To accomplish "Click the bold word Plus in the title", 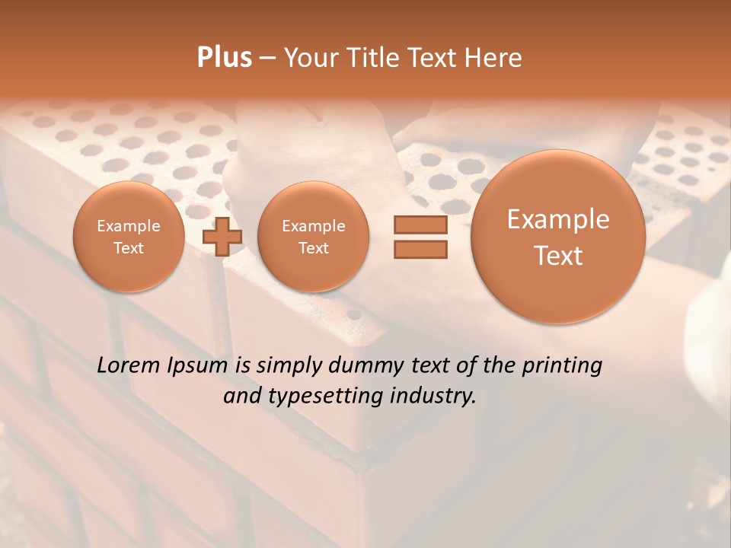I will coord(224,58).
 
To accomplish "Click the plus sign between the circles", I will coord(222,237).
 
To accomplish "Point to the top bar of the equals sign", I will coord(420,225).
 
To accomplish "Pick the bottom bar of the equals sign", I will coord(420,249).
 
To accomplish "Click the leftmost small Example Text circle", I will coord(128,237).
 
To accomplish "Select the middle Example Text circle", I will coord(313,237).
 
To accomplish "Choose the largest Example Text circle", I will coord(558,237).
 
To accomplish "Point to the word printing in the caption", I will coord(562,367).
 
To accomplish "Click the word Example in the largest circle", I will coord(558,219).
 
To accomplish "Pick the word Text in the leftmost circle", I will coord(128,248).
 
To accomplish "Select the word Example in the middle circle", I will coord(313,226).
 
